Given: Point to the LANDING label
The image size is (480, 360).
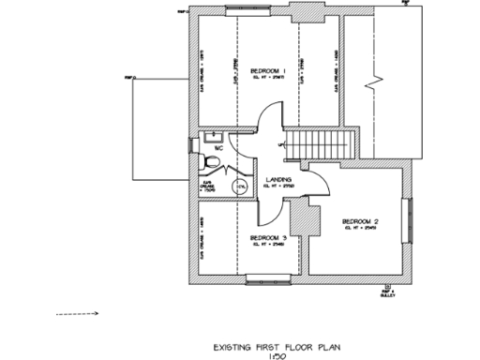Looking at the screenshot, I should click(278, 178).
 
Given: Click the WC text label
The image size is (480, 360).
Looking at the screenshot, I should click(217, 148).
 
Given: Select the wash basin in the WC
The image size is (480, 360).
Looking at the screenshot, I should click(205, 143).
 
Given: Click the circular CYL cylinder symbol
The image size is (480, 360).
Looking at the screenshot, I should click(242, 187).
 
